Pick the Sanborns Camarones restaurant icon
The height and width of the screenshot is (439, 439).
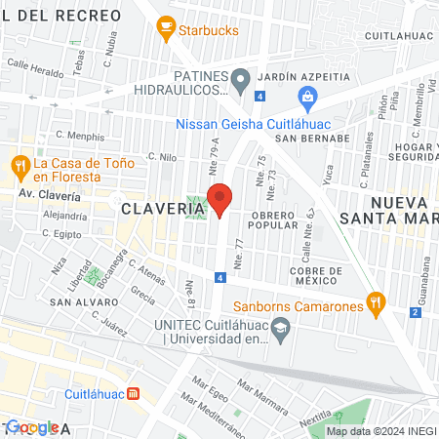click(x=374, y=302)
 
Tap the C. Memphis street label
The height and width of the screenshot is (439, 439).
click(x=80, y=137)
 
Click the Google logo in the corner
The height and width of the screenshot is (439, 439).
click(x=29, y=427)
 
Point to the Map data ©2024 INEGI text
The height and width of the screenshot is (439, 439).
click(x=380, y=431)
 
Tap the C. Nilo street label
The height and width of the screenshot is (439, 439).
click(x=162, y=155)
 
